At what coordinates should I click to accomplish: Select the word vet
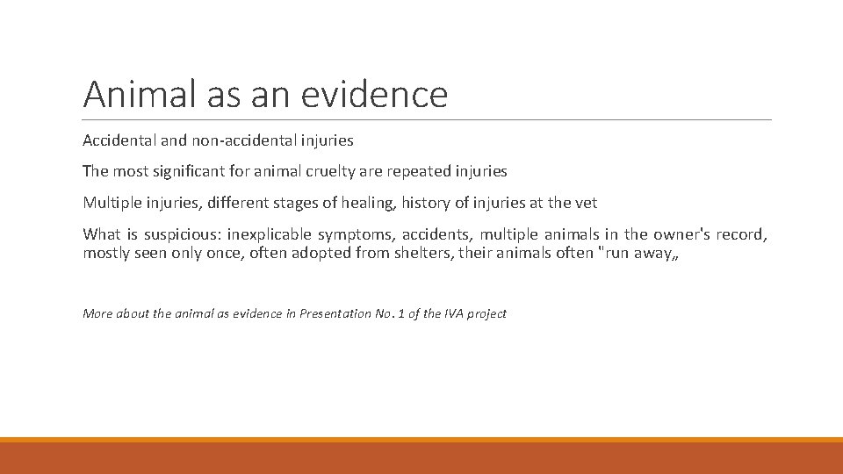585,203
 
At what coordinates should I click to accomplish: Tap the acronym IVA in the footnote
444,313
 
